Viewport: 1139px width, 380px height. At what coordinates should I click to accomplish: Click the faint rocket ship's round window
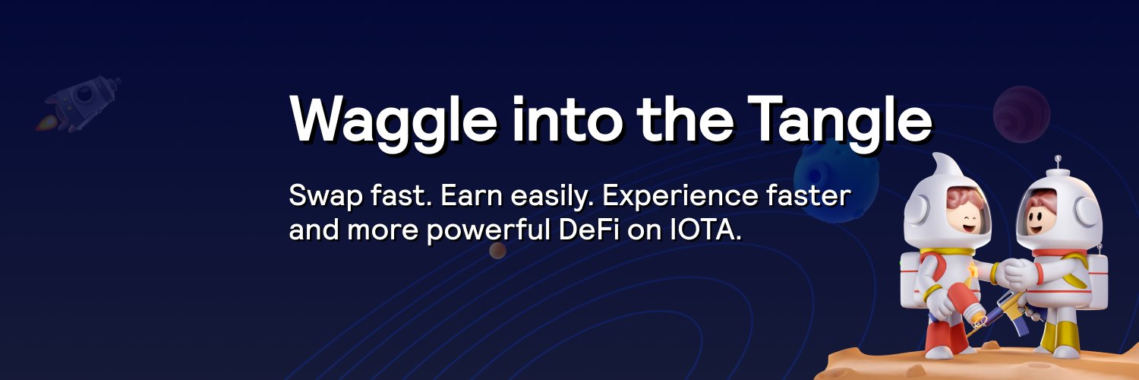pyautogui.click(x=85, y=95)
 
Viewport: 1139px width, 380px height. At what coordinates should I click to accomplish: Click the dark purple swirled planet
pyautogui.click(x=1021, y=114)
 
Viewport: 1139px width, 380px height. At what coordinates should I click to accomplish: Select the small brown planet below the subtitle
pyautogui.click(x=498, y=250)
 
